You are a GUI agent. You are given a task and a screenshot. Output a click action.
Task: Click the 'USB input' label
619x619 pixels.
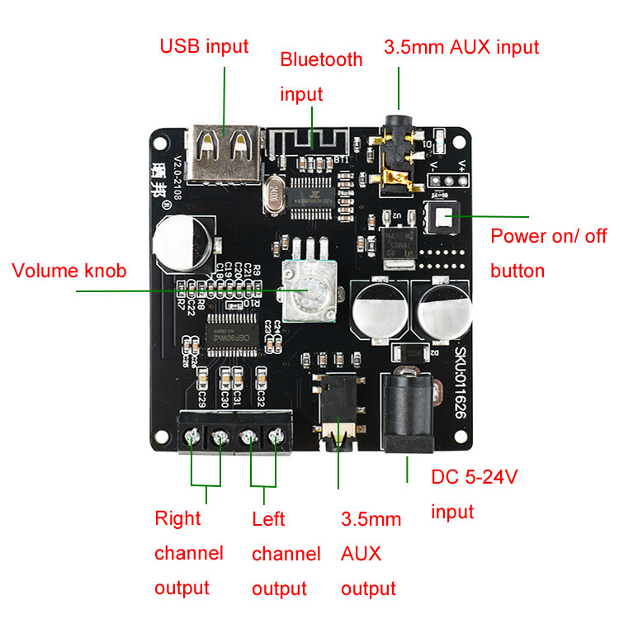[x=204, y=45]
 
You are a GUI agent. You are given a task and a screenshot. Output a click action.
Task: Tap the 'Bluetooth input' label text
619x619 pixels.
[x=321, y=76]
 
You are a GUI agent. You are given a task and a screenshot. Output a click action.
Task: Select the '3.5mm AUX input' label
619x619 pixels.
[x=461, y=46]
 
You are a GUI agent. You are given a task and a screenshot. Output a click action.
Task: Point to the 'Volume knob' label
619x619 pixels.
[x=69, y=271]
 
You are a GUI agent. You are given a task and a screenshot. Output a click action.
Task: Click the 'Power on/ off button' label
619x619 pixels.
[x=548, y=253]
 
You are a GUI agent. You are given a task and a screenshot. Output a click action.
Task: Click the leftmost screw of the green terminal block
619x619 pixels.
[x=192, y=437]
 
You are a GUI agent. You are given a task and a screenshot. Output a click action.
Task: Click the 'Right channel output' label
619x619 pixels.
[x=188, y=552]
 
